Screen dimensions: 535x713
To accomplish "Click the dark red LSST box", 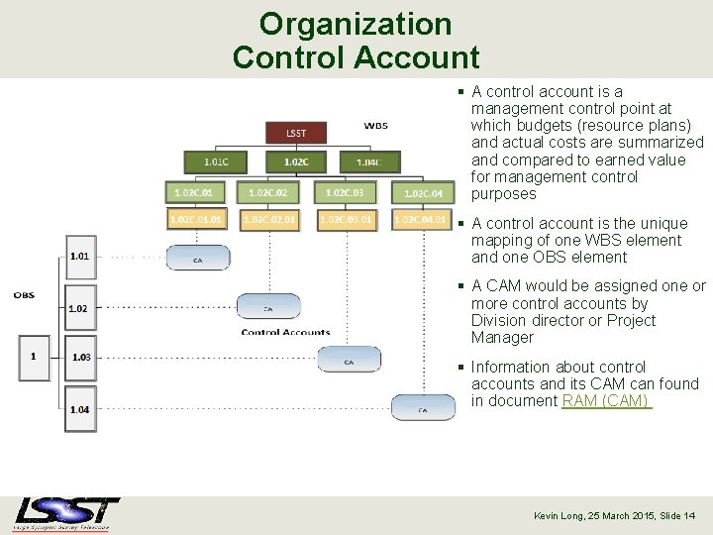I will [295, 133].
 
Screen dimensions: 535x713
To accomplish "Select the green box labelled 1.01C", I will [215, 160].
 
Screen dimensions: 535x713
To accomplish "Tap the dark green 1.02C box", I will [295, 160].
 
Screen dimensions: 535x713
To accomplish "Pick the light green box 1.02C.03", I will [345, 192].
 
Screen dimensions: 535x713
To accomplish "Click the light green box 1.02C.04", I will [423, 194].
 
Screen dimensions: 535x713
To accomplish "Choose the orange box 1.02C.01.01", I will [197, 219].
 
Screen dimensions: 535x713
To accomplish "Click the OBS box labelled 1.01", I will [80, 257].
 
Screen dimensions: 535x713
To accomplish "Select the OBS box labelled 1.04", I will [80, 409].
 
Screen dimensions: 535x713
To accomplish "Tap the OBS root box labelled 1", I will [34, 357].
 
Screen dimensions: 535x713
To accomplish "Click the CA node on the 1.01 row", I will [197, 258].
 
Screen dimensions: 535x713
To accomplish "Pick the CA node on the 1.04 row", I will [423, 407].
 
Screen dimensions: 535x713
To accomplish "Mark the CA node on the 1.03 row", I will [349, 360].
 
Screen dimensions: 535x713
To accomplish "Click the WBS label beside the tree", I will [376, 126].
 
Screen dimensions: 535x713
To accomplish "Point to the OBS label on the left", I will [24, 295].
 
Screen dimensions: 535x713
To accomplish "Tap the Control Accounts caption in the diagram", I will [285, 332].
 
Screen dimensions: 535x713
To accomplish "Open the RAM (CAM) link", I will [606, 401].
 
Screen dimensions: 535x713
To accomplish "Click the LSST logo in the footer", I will [66, 514].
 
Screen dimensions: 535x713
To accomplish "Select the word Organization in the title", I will [356, 24].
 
